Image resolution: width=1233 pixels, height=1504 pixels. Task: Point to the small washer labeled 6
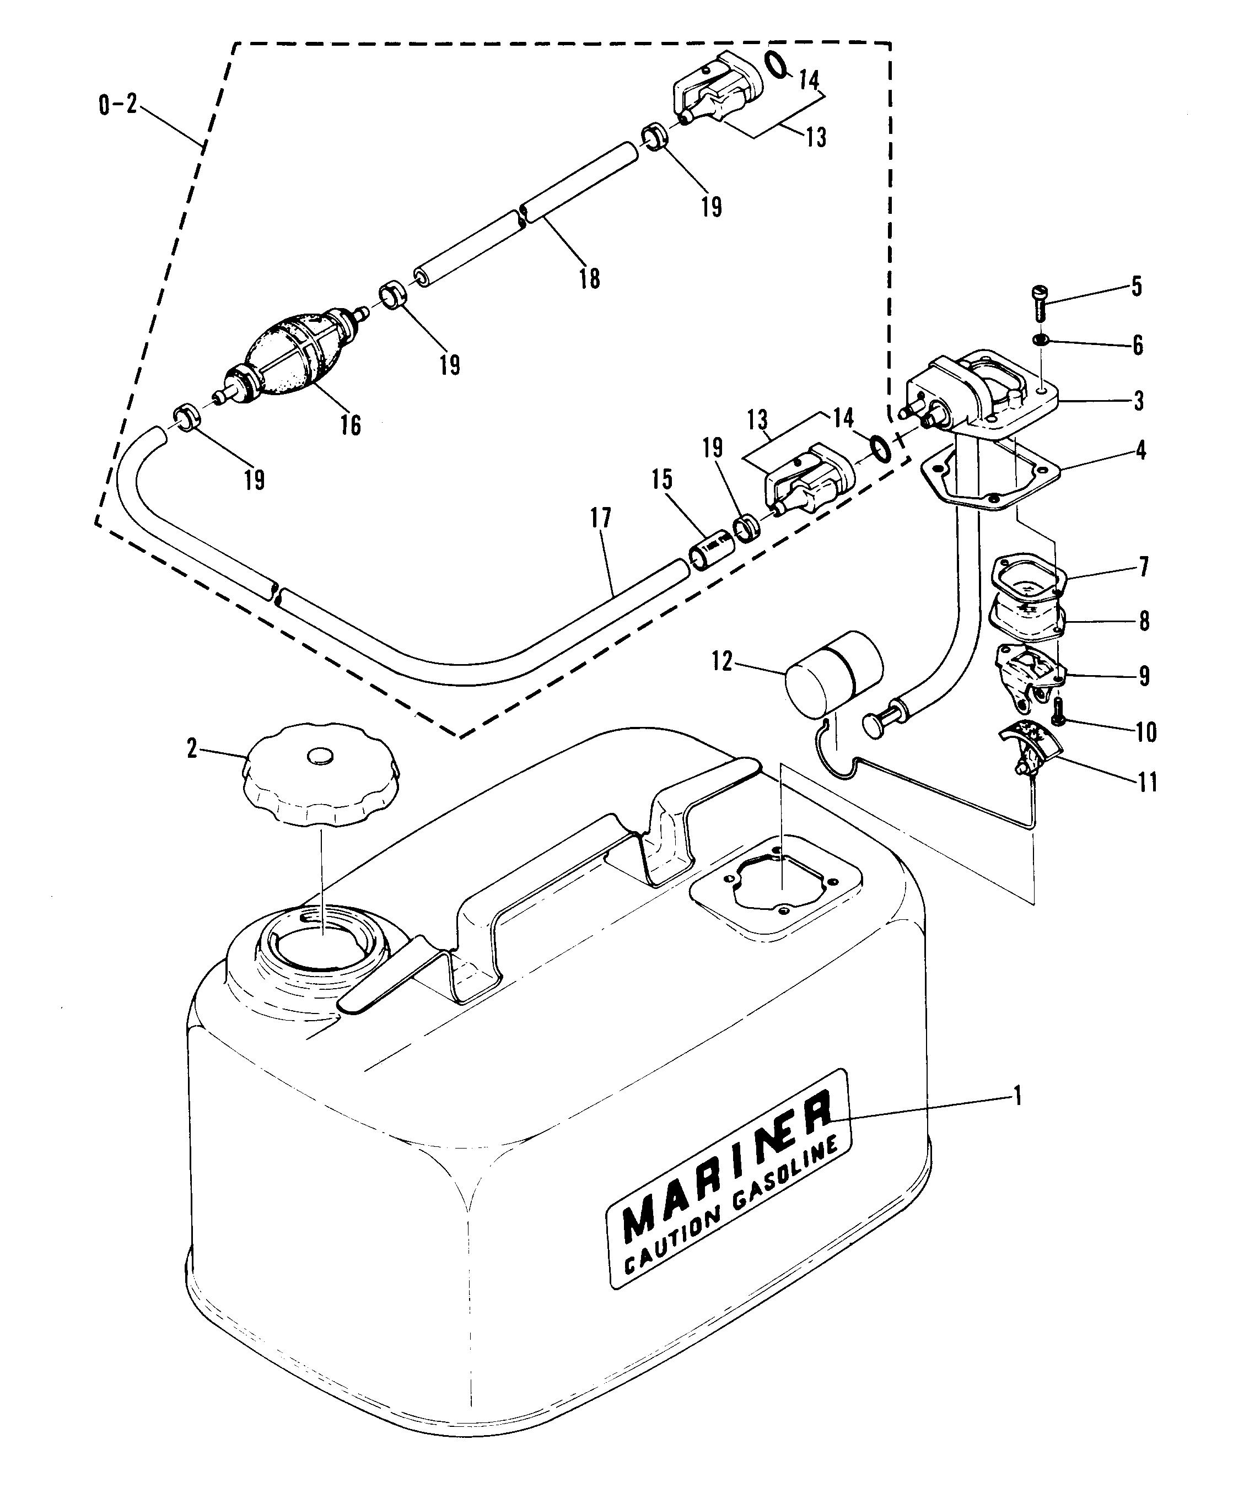point(1040,341)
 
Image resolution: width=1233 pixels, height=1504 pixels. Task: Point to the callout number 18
point(589,278)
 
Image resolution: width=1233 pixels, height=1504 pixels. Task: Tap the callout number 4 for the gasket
point(1140,450)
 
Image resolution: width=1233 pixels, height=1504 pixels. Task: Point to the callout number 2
point(192,748)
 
